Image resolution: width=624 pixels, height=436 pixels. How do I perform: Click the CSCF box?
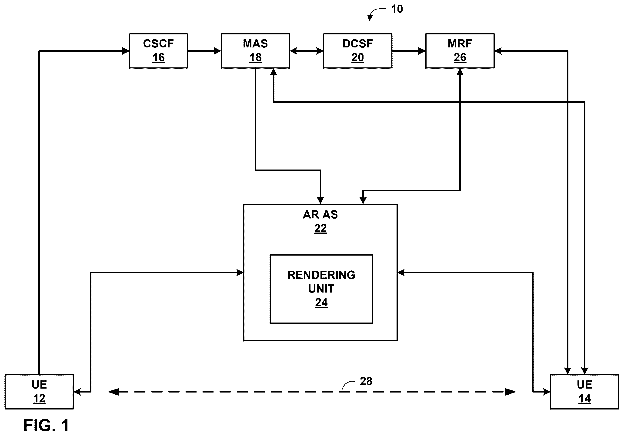pyautogui.click(x=158, y=51)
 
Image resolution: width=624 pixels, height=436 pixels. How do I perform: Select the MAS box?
pyautogui.click(x=255, y=51)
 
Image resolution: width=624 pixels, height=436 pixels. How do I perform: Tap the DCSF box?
pyautogui.click(x=358, y=51)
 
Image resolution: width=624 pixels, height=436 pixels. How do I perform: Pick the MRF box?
pyautogui.click(x=460, y=51)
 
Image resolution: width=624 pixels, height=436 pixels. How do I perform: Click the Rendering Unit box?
pyautogui.click(x=321, y=289)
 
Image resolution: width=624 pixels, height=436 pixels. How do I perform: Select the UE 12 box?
pyautogui.click(x=39, y=392)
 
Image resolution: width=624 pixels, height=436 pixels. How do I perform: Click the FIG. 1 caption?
pyautogui.click(x=46, y=425)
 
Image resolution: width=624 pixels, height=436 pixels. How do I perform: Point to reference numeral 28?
pyautogui.click(x=366, y=381)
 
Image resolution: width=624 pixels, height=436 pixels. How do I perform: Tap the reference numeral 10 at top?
pyautogui.click(x=397, y=9)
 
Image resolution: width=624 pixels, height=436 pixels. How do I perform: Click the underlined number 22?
pyautogui.click(x=320, y=228)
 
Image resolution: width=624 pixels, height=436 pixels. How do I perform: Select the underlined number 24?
pyautogui.click(x=321, y=303)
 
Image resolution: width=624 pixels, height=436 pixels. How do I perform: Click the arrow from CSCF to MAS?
pyautogui.click(x=204, y=51)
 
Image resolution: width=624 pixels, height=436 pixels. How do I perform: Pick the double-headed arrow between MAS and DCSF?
pyautogui.click(x=307, y=51)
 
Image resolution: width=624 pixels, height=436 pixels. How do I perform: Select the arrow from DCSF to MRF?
pyautogui.click(x=409, y=51)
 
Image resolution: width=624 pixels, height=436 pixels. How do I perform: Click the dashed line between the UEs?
pyautogui.click(x=312, y=392)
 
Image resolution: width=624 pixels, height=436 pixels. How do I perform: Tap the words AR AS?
pyautogui.click(x=320, y=215)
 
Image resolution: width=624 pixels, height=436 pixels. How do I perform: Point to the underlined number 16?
pyautogui.click(x=158, y=58)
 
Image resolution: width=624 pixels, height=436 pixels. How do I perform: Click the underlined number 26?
pyautogui.click(x=460, y=58)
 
